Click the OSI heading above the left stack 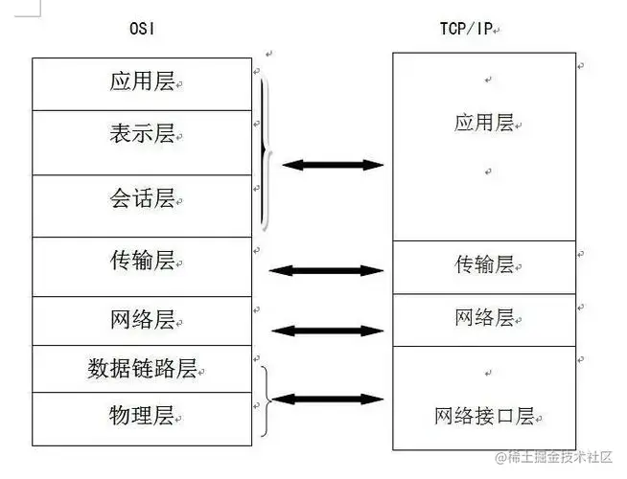142,30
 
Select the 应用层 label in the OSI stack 142,81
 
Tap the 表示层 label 142,133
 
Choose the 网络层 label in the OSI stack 142,319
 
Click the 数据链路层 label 142,369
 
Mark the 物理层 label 142,416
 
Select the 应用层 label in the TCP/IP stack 484,122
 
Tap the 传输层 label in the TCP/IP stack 484,264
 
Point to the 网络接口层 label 484,416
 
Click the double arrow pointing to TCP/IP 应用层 333,166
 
